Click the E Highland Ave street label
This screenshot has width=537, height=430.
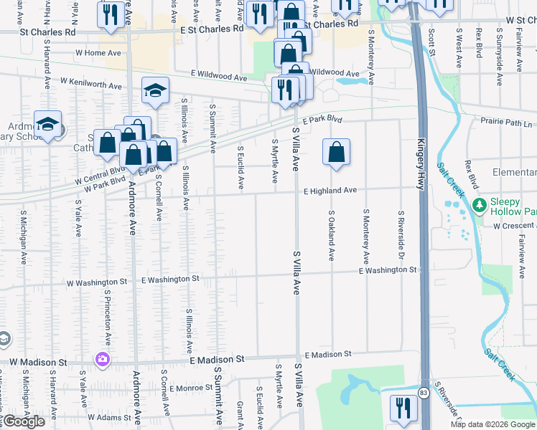(330, 191)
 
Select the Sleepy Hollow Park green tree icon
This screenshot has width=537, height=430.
(479, 206)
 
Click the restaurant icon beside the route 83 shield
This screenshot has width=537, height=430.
(403, 408)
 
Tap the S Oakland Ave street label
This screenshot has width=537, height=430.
(331, 235)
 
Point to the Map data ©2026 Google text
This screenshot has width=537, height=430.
(493, 424)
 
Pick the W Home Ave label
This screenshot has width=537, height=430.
(98, 52)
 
